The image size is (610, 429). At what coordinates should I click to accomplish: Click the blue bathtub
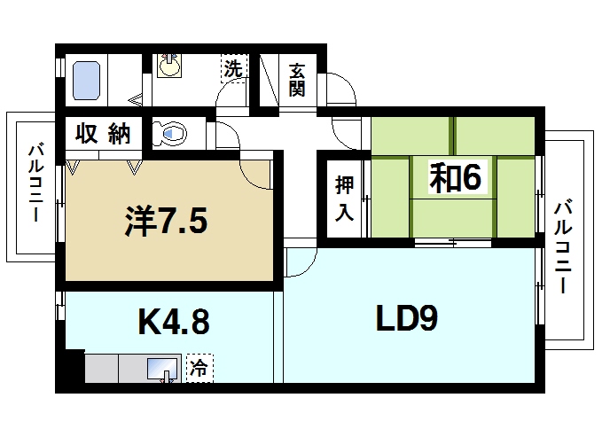[x=86, y=81]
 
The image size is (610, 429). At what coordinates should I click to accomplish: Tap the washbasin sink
[x=169, y=66]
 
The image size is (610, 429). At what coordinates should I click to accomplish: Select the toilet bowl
[x=169, y=134]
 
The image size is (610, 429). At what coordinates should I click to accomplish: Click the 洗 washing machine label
[x=233, y=68]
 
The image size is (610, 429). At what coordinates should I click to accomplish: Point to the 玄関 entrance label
[x=297, y=80]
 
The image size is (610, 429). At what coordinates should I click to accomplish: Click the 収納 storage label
[x=103, y=134]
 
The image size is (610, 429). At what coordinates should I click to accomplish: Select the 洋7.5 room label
[x=166, y=221]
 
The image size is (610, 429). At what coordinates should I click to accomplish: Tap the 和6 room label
[x=455, y=178]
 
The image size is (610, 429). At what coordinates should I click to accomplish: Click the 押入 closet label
[x=344, y=199]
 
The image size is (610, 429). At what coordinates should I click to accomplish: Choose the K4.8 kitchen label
[x=174, y=321]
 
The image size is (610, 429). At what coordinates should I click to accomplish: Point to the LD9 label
[x=407, y=318]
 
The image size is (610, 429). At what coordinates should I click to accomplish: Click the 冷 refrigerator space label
[x=199, y=368]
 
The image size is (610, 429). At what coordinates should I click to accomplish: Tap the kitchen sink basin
[x=162, y=369]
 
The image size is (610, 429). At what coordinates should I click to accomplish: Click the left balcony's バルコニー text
[x=35, y=183]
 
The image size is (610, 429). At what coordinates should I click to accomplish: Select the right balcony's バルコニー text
[x=562, y=247]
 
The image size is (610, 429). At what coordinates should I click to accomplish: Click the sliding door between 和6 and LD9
[x=453, y=242]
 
